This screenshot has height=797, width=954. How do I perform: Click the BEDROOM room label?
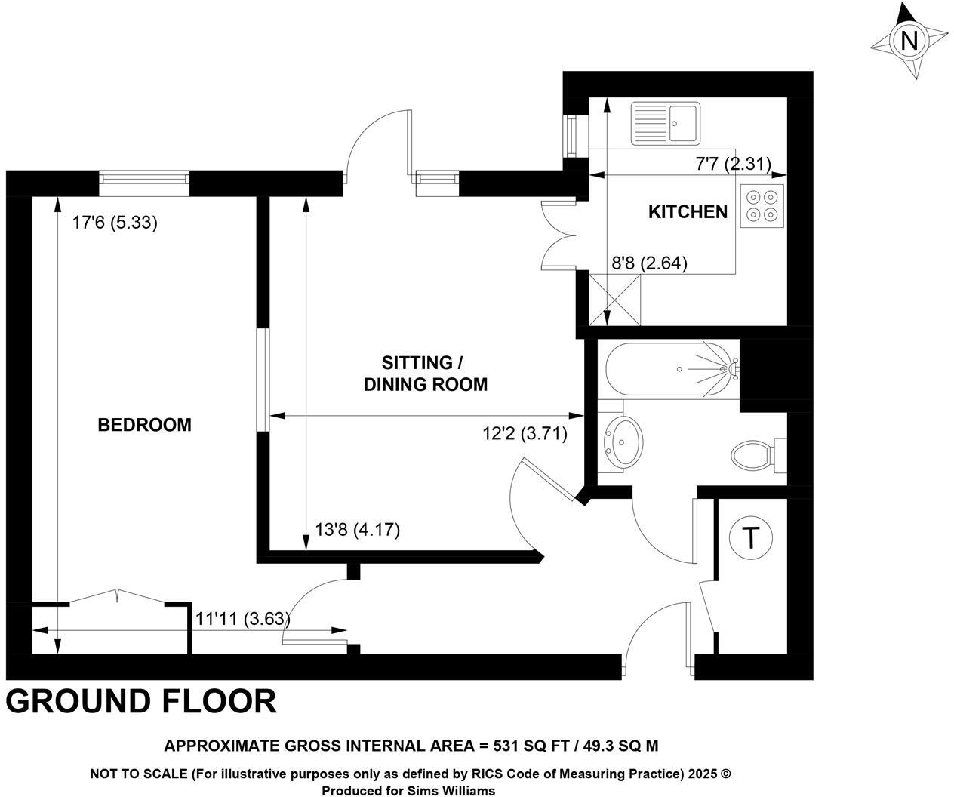pyautogui.click(x=144, y=425)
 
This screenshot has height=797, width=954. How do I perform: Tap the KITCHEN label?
pyautogui.click(x=688, y=212)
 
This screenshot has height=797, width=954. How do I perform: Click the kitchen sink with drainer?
pyautogui.click(x=666, y=122)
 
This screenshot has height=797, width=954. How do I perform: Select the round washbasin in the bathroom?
pyautogui.click(x=624, y=441)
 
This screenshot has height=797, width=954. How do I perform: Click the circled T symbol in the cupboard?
pyautogui.click(x=750, y=539)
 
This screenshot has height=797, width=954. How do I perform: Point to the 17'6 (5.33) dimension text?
pyautogui.click(x=115, y=223)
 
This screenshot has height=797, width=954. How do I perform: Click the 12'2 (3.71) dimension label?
pyautogui.click(x=525, y=434)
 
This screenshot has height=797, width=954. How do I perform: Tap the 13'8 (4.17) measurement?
pyautogui.click(x=357, y=530)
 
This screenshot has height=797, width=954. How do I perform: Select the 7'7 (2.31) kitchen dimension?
pyautogui.click(x=732, y=163)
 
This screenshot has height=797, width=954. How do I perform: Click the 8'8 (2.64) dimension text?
pyautogui.click(x=648, y=263)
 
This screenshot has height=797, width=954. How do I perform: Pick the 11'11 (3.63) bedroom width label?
pyautogui.click(x=242, y=619)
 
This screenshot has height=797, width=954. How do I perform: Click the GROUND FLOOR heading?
pyautogui.click(x=141, y=701)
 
